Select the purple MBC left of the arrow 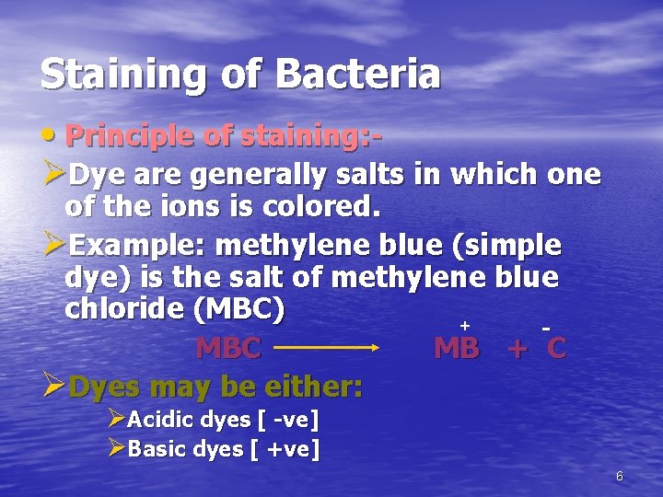tap(228, 349)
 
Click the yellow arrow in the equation tap(327, 348)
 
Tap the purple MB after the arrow tap(456, 349)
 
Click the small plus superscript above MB tap(465, 325)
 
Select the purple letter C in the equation tap(555, 349)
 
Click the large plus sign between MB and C tap(518, 350)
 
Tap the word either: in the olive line tap(308, 387)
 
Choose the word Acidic tap(160, 421)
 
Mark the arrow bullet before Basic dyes tap(116, 448)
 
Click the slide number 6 tap(620, 476)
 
